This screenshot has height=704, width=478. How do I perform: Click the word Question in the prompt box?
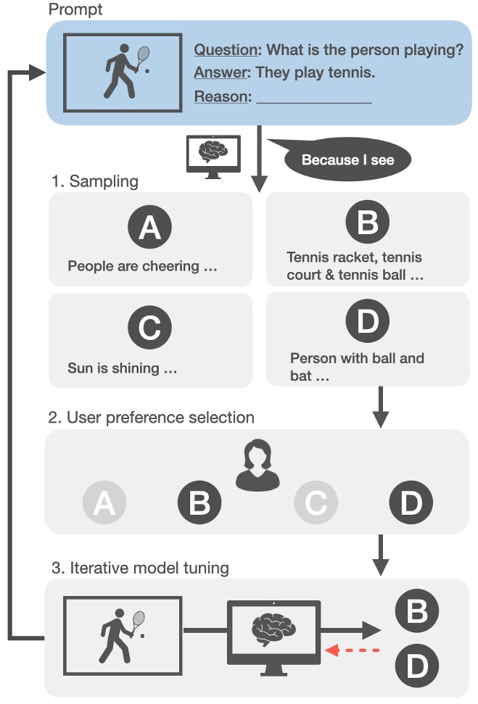(x=226, y=50)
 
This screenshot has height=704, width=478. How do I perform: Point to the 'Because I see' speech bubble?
(x=347, y=160)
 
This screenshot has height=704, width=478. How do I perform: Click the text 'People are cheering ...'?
(x=142, y=266)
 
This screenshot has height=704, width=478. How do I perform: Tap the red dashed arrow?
(x=353, y=650)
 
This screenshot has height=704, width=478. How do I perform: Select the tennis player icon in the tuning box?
(x=123, y=631)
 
